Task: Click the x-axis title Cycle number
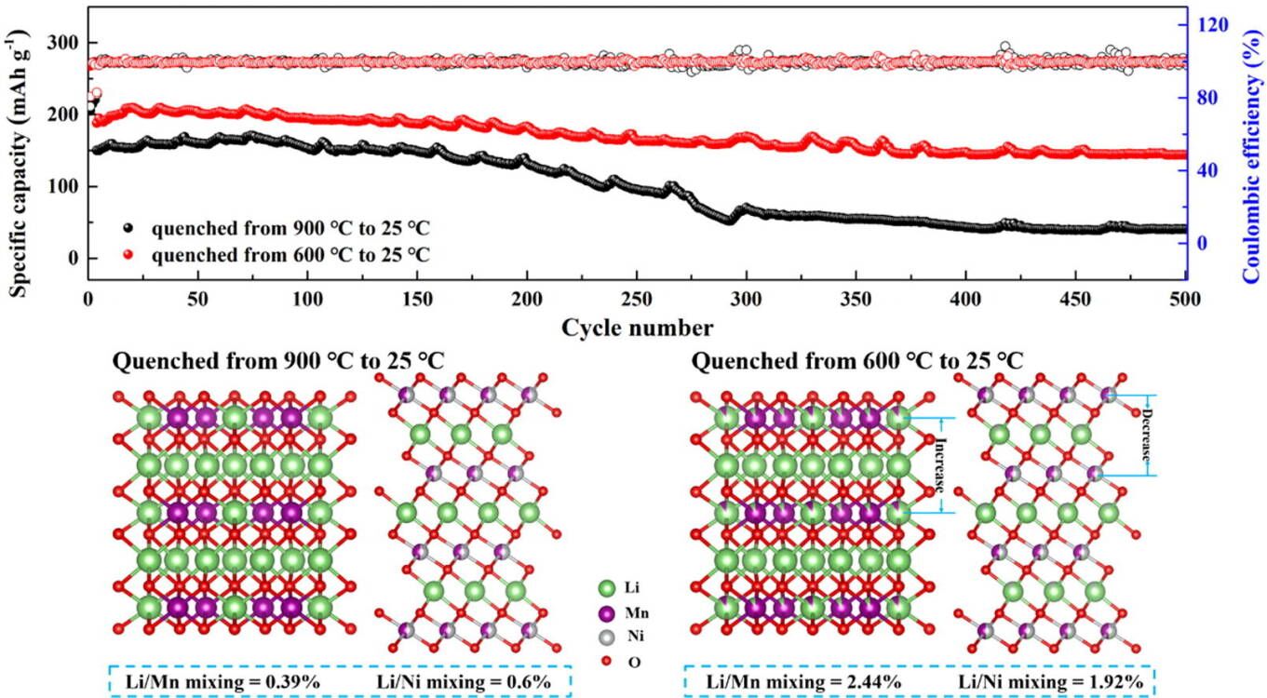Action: click(x=638, y=328)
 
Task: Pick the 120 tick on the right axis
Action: click(x=1210, y=22)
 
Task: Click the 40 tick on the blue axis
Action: click(x=1206, y=170)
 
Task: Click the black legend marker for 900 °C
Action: click(x=130, y=226)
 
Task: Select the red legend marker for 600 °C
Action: click(x=130, y=254)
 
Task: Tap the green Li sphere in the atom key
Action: click(x=608, y=588)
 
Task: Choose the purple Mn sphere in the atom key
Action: click(x=608, y=613)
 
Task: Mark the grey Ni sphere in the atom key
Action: click(x=608, y=638)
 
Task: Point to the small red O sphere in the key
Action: click(x=608, y=663)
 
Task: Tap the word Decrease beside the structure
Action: click(x=1147, y=436)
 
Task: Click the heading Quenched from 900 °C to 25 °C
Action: click(x=277, y=361)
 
